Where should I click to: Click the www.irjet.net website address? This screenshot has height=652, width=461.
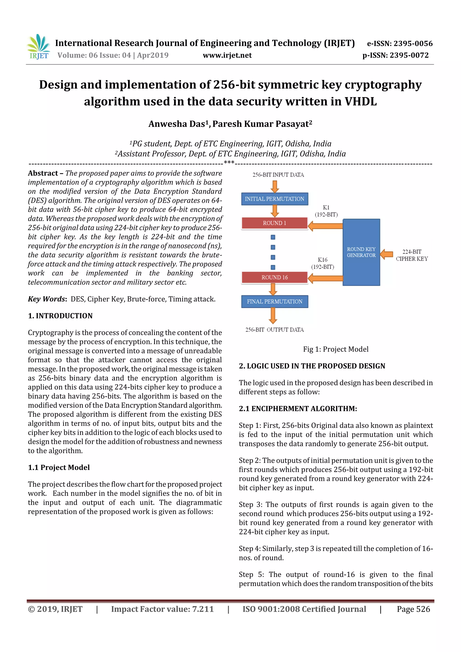(227, 55)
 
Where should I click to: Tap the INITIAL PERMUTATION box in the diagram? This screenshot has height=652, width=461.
(274, 199)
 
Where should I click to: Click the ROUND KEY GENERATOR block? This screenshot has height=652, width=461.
(361, 252)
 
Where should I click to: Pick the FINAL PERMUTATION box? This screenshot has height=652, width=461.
(274, 302)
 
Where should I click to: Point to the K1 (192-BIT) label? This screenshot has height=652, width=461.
(326, 211)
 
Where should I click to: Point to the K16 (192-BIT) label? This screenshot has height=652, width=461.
(322, 263)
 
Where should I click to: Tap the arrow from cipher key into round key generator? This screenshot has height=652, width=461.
(386, 254)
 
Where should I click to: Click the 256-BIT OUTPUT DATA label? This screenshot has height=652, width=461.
(274, 330)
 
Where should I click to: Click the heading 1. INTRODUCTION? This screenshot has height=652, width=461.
(60, 316)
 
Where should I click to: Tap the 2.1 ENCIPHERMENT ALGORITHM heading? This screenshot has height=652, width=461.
(298, 409)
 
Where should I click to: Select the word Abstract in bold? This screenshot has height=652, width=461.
(43, 173)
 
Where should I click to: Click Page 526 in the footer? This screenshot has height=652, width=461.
(413, 609)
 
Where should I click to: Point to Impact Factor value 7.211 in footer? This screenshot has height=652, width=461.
(162, 609)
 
